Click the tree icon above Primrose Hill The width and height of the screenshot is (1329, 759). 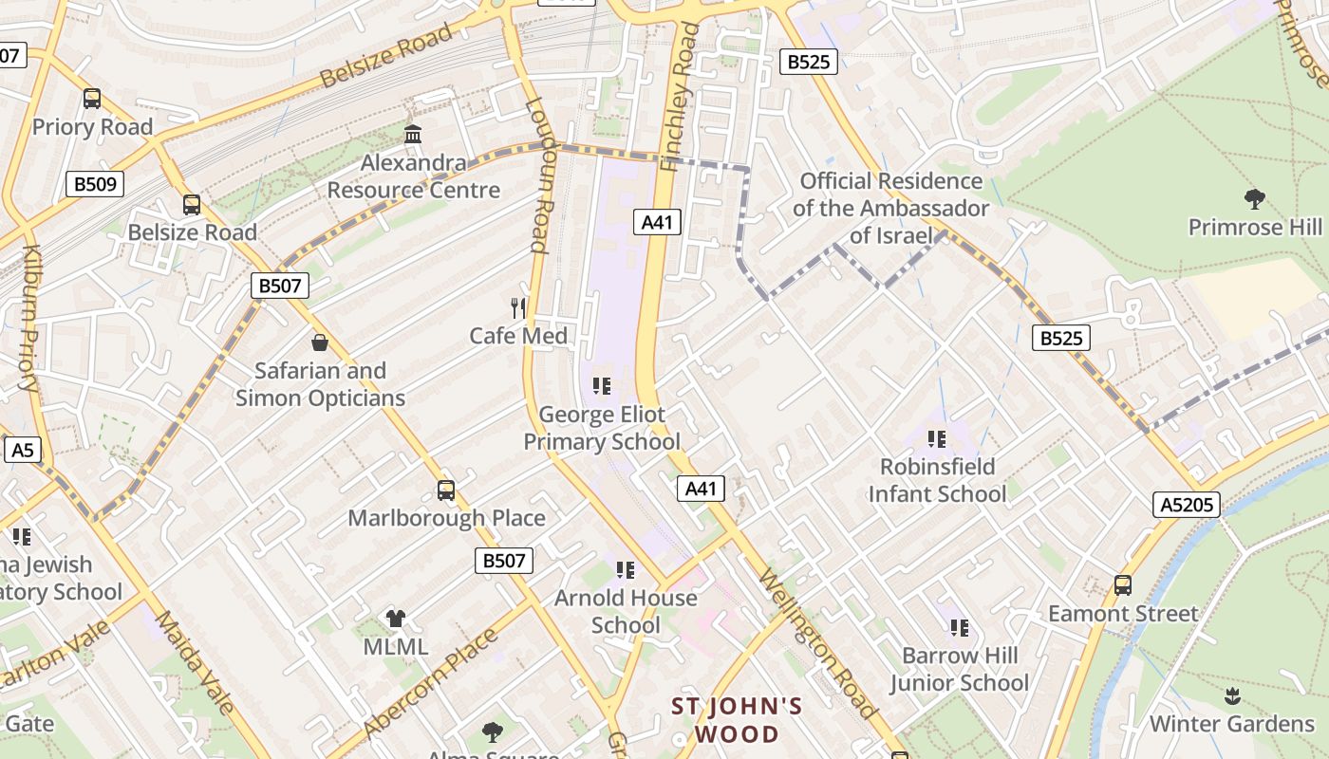point(1255,198)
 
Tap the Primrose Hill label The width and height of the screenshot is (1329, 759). point(1255,228)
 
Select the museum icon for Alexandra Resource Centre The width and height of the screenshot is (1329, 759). point(413,135)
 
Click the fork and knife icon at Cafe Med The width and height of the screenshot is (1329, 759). point(518,307)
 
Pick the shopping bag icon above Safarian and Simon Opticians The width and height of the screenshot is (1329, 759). point(320,342)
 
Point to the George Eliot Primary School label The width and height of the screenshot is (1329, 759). point(602,428)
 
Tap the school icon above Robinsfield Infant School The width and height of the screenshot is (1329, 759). point(937,438)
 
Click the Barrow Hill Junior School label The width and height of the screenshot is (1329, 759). point(959,669)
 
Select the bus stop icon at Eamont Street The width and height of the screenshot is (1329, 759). point(1123,585)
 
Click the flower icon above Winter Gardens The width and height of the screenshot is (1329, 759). point(1232,695)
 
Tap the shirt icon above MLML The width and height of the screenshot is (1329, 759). point(396,619)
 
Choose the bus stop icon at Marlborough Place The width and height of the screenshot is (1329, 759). point(446,491)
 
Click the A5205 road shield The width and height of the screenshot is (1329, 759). point(1188,505)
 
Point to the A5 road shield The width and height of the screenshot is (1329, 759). point(22,450)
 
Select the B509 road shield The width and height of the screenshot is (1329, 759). point(95,184)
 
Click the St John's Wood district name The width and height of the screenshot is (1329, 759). point(737,720)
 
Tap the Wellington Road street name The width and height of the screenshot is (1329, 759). point(816,642)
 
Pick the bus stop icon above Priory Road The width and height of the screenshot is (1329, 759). point(92,99)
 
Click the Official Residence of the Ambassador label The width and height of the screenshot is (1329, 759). point(890,208)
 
